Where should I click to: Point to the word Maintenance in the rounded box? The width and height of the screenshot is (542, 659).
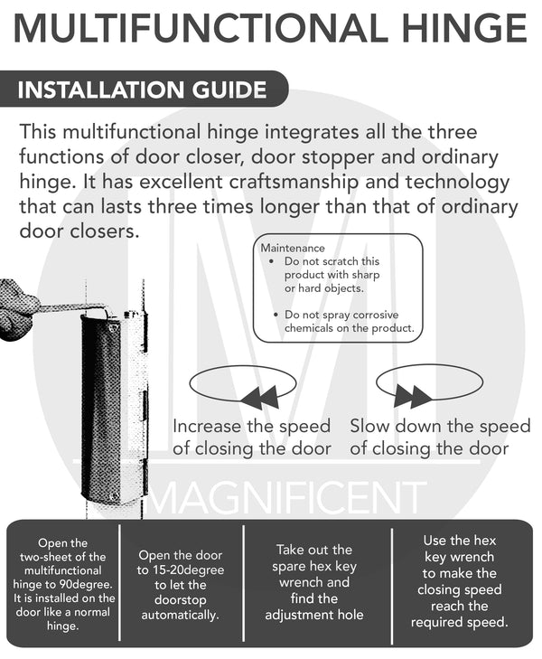tap(292, 248)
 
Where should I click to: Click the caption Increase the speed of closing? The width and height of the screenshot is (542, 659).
tap(251, 437)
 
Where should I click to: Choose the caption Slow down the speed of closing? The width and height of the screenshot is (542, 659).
tap(440, 437)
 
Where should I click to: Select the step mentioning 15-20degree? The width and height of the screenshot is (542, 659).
tap(181, 584)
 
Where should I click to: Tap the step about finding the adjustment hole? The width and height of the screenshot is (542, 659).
tap(313, 582)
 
